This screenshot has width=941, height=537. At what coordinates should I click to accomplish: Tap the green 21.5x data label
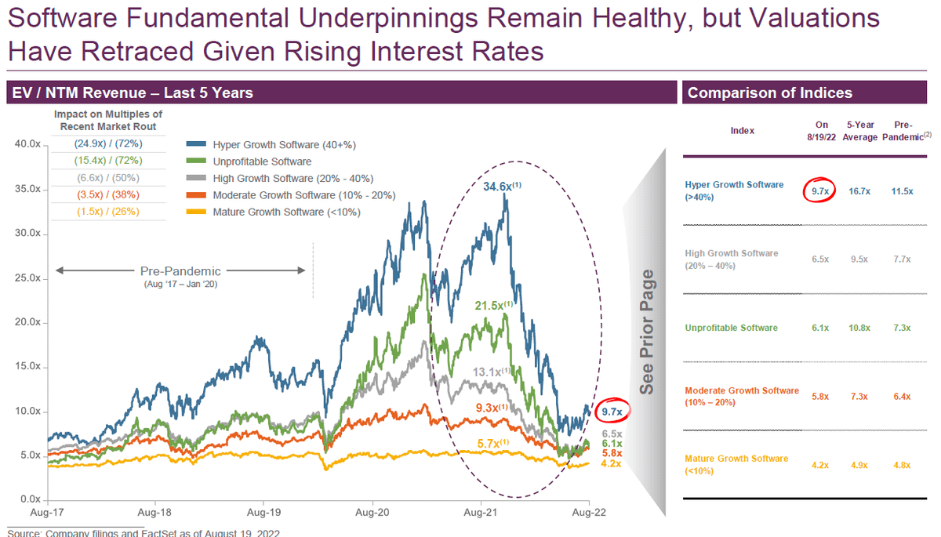492,304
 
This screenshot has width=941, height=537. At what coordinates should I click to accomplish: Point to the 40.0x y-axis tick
30,144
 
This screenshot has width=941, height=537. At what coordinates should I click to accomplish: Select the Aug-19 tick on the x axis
263,510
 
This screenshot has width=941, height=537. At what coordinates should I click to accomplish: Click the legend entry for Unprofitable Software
261,161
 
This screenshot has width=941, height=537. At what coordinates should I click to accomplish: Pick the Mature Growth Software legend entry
286,212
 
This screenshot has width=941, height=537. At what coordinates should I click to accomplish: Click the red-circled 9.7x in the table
821,190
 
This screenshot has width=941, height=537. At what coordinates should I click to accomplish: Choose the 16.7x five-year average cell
860,190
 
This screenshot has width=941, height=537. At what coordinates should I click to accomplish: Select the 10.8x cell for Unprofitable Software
860,328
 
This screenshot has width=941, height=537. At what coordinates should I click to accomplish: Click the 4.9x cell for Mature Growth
860,464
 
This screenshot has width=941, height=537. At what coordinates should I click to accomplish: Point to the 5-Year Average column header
860,131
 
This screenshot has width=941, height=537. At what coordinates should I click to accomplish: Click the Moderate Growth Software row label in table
741,396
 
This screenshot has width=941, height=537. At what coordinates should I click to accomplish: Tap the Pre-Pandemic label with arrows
180,271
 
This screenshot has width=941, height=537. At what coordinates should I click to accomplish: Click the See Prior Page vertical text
647,333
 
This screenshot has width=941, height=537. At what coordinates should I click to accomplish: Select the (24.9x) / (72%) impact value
107,145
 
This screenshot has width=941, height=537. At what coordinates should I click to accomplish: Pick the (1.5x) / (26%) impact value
107,212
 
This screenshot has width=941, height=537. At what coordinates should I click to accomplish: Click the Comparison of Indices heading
769,93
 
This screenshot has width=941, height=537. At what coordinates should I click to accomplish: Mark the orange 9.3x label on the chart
492,408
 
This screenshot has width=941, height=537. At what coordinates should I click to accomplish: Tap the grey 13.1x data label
492,372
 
